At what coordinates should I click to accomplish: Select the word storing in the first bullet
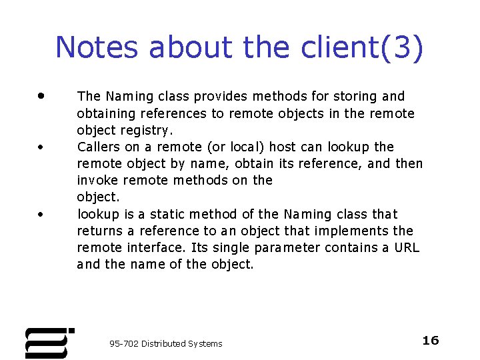(x=359, y=97)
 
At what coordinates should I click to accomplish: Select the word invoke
(x=98, y=180)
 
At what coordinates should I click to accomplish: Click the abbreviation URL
(x=406, y=248)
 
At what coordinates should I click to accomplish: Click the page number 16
(x=431, y=341)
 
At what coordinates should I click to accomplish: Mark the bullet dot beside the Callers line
(x=41, y=147)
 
